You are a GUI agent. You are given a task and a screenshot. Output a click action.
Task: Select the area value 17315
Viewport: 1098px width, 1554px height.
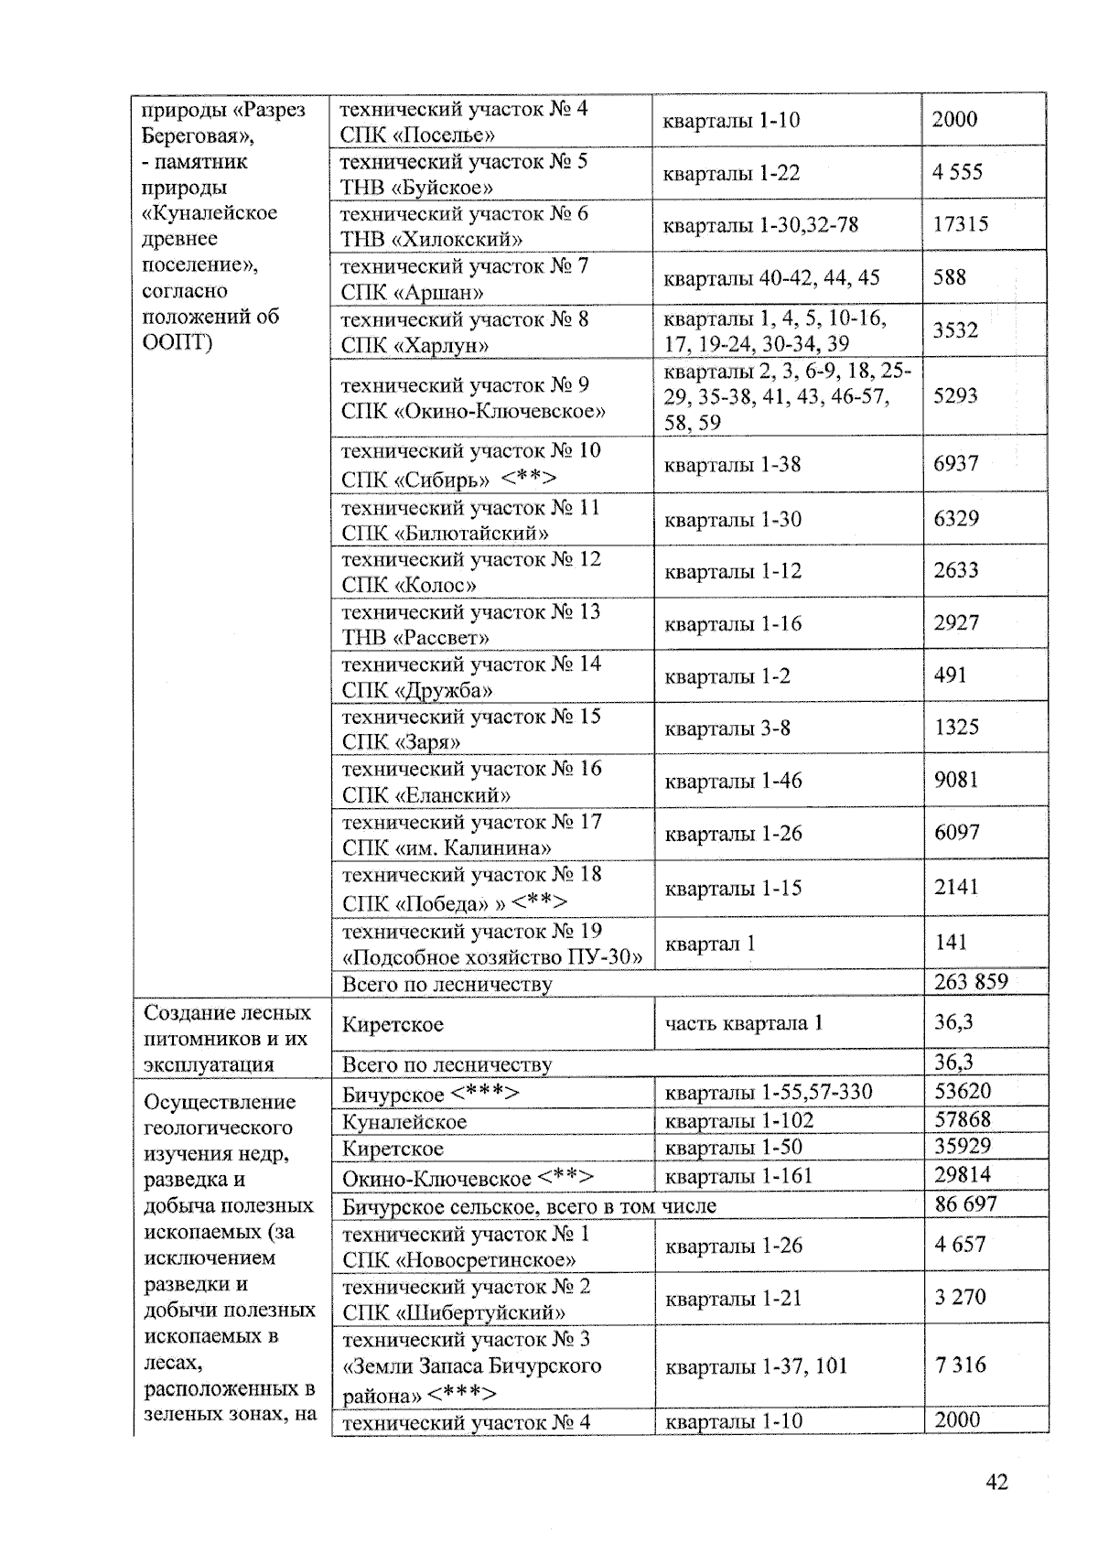[x=960, y=224]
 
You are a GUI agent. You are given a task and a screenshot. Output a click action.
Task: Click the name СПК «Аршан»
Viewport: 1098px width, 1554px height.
[x=412, y=293]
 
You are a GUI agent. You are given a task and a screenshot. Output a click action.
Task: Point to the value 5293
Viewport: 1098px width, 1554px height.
[x=955, y=396]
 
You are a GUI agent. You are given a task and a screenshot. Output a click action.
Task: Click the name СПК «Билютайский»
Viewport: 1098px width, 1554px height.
[x=446, y=534]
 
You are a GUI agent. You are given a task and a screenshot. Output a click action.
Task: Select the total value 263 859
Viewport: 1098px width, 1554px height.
[x=971, y=982]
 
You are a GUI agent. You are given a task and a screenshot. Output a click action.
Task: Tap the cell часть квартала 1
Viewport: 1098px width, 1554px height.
[x=744, y=1023]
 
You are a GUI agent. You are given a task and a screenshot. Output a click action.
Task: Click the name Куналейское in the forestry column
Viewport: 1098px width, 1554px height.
[x=404, y=1121]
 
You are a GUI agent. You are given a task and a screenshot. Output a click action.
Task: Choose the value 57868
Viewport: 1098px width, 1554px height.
[x=963, y=1119]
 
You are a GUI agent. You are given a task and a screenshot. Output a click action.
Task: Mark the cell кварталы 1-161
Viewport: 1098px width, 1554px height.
[x=738, y=1176]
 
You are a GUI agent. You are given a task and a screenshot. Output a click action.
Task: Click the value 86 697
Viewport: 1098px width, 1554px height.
[x=965, y=1204]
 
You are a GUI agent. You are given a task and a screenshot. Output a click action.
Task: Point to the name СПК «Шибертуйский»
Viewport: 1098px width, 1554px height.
[x=454, y=1313]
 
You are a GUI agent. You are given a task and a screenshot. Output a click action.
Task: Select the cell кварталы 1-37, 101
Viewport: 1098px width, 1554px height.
[x=757, y=1366]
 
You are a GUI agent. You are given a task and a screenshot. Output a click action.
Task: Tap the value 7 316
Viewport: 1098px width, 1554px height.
[x=960, y=1365]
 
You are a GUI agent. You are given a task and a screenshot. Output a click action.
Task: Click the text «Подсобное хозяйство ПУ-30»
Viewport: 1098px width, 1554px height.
[x=492, y=957]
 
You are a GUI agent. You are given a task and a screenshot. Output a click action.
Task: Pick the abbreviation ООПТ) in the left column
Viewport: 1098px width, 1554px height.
[x=178, y=342]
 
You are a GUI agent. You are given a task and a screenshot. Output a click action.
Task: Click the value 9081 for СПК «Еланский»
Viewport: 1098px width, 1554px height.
[x=956, y=780]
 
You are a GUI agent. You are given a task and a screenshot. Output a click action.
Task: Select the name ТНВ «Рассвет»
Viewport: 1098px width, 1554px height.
[x=415, y=638]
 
